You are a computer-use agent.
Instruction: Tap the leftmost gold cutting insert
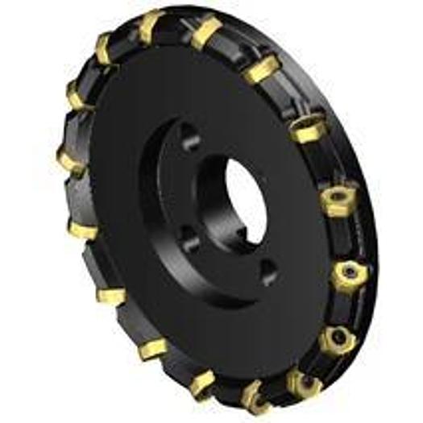70,159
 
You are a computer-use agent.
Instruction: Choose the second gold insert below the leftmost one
111,295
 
